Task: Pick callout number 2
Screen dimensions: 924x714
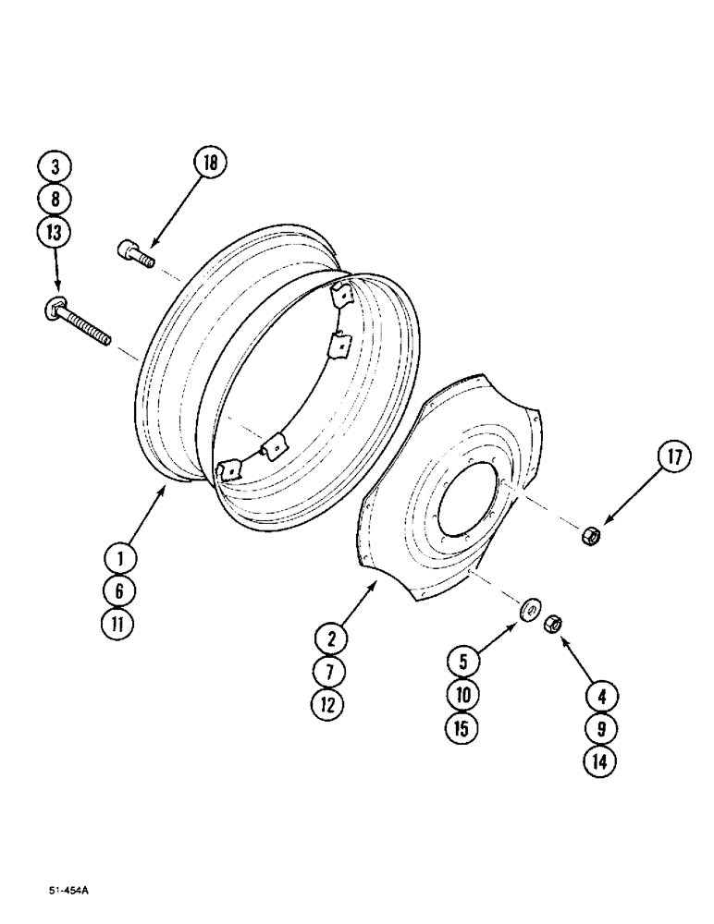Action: tap(329, 637)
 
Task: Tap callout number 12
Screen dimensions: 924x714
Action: tap(329, 704)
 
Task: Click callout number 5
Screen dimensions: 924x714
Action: tap(463, 660)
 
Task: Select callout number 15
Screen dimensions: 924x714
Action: tap(463, 727)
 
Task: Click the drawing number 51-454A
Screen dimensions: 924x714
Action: tap(69, 893)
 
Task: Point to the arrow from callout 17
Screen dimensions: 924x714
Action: tap(632, 499)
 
